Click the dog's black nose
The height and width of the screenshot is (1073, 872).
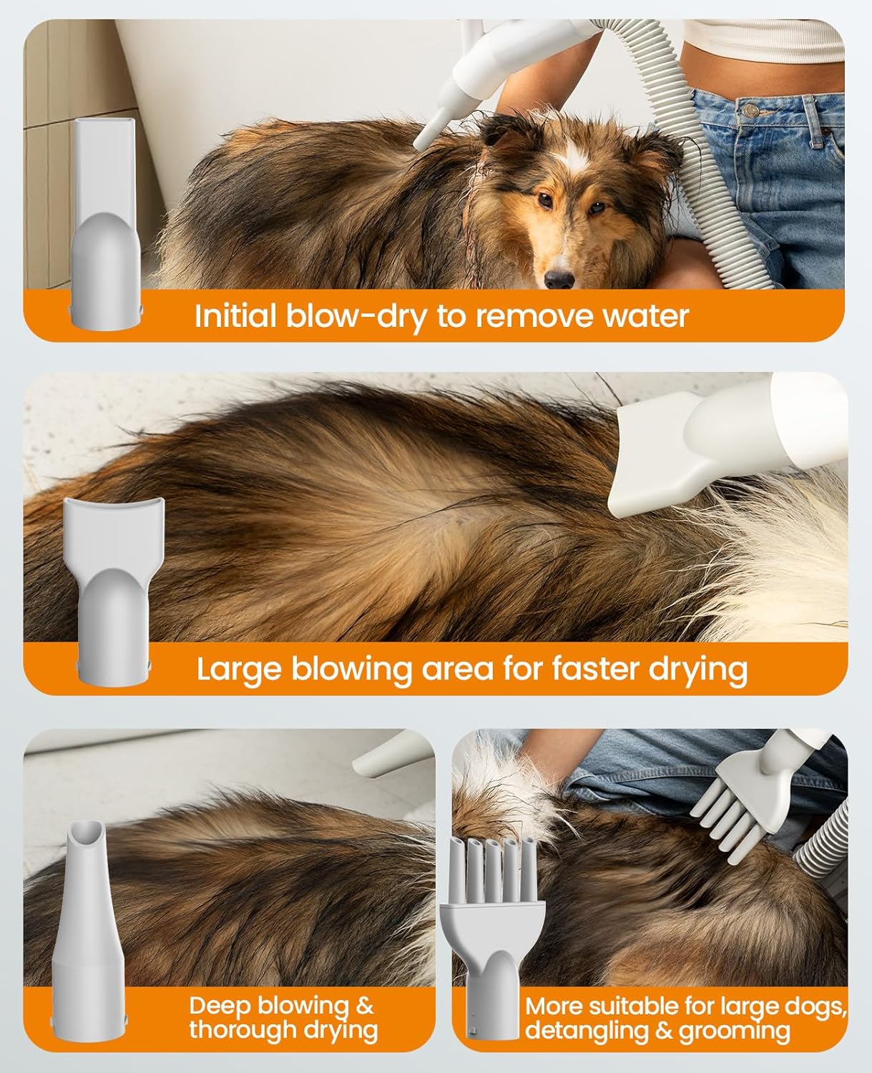click(559, 278)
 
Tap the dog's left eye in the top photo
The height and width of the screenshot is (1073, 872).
click(596, 207)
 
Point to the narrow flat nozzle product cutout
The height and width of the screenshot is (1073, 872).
click(106, 224)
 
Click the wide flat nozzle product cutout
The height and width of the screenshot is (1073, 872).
click(114, 591)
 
